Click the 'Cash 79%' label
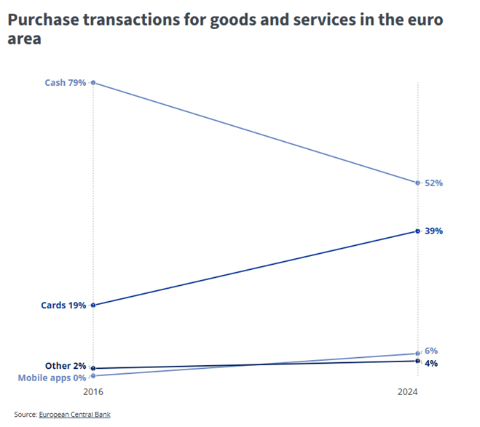66,83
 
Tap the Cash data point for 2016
93,83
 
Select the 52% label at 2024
434,183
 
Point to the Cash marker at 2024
417,183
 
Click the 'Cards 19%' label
64,306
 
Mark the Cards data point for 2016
93,306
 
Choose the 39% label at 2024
434,231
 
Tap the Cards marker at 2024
417,231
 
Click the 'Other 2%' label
65,366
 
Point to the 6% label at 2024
431,351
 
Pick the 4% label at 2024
431,363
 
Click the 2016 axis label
93,393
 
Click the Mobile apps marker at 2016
93,375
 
